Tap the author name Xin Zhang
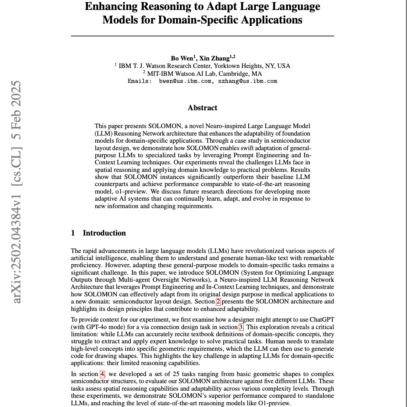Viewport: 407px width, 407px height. tap(215, 58)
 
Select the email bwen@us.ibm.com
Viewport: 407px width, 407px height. tap(185, 81)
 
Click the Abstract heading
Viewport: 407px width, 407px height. tap(202, 108)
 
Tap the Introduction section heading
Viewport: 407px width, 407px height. tap(104, 233)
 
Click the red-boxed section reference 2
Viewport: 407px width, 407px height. tap(218, 302)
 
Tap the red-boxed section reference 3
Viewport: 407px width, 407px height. tap(241, 327)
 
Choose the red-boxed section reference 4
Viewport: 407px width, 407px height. tap(102, 374)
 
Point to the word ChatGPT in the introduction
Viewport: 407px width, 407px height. tap(322, 320)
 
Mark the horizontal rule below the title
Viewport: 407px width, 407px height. tap(202, 36)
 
